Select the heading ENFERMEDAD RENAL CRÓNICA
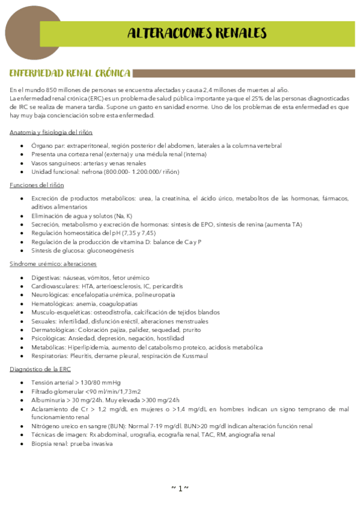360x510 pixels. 70,73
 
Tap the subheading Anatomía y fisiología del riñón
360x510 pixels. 51,132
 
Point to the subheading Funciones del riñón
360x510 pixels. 37,185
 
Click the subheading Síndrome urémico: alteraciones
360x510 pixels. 53,264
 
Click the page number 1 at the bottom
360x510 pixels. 180,488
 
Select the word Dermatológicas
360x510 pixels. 53,330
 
